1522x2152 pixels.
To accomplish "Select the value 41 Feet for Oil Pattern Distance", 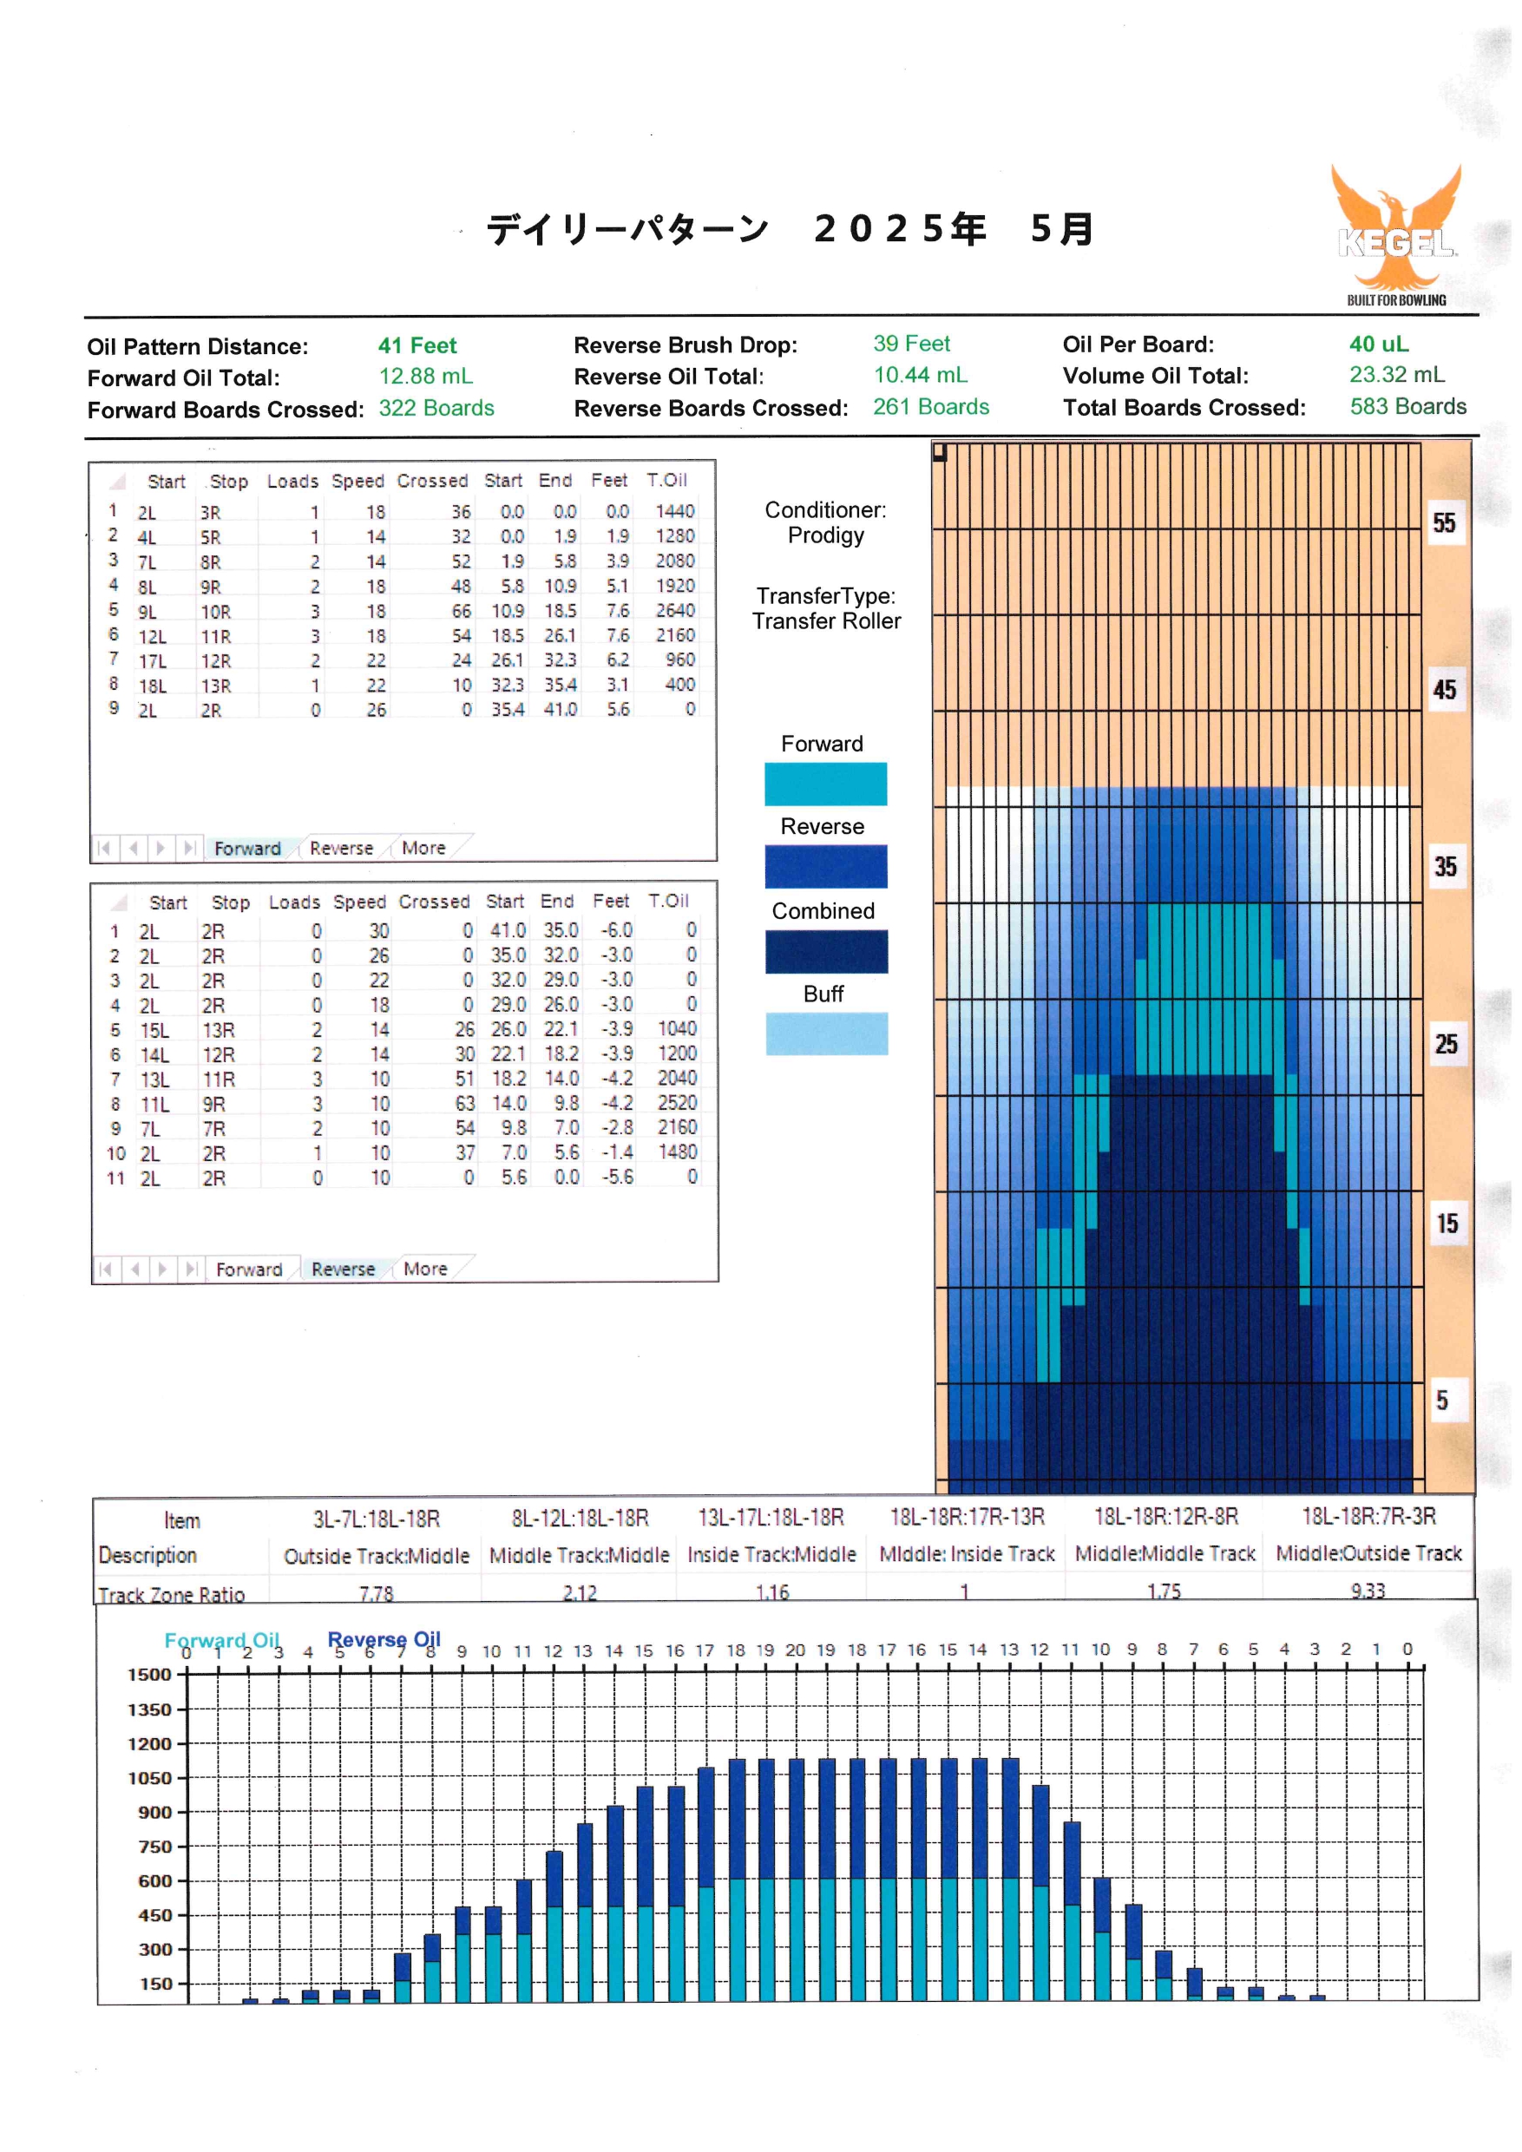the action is click(x=417, y=346).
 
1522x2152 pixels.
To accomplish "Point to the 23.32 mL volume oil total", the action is click(x=1396, y=375).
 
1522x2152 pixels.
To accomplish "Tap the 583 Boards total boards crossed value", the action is click(x=1407, y=407).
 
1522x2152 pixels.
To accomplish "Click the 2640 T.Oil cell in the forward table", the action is click(x=675, y=610).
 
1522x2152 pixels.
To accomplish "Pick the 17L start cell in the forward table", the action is click(x=153, y=660).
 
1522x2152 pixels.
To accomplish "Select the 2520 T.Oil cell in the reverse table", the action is click(x=677, y=1102).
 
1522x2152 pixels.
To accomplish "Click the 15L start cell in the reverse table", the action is click(x=154, y=1030).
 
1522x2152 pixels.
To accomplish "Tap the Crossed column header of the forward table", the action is click(x=432, y=481).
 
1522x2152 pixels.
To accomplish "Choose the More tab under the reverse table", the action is click(x=425, y=1270).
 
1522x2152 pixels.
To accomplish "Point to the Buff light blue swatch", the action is click(x=827, y=1033).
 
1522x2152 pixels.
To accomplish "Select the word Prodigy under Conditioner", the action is click(x=826, y=535).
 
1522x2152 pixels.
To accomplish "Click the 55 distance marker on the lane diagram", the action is click(x=1444, y=523).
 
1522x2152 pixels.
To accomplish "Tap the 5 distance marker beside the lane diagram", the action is click(x=1442, y=1401).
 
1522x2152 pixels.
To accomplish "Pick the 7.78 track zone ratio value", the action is click(x=376, y=1593).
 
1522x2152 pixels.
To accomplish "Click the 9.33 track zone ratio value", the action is click(x=1368, y=1591).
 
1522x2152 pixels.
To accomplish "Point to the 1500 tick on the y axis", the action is click(x=150, y=1675).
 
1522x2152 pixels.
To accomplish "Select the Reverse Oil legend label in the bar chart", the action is click(x=384, y=1639).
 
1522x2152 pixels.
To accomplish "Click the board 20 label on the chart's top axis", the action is click(x=795, y=1650).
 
